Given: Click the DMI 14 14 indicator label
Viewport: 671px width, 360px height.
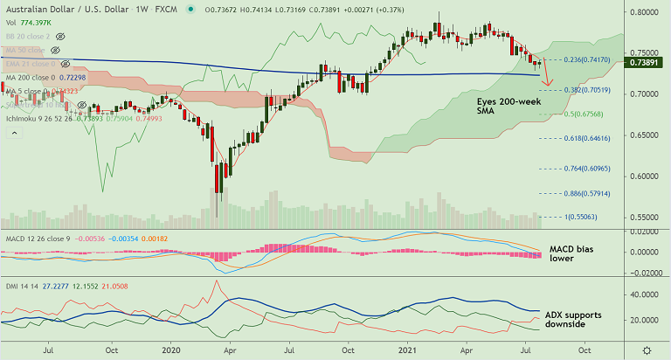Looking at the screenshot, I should click(18, 285).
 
